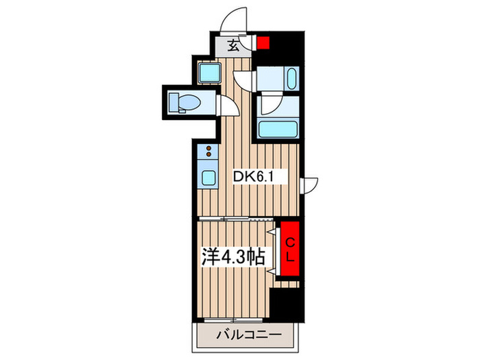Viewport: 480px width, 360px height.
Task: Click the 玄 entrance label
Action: [x=233, y=46]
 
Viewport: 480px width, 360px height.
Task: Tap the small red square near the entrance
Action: [x=263, y=43]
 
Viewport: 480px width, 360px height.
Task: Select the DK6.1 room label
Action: [x=253, y=177]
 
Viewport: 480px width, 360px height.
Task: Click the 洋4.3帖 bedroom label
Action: [x=233, y=256]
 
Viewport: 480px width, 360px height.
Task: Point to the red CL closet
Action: [x=290, y=248]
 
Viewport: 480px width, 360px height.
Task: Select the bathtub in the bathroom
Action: [x=278, y=130]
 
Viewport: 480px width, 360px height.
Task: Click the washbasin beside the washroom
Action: [x=292, y=78]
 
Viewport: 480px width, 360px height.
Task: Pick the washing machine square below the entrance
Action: [x=209, y=73]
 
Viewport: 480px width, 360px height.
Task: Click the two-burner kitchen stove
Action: [x=208, y=152]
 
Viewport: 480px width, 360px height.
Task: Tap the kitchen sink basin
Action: [x=208, y=178]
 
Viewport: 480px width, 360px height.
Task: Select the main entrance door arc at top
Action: [x=234, y=20]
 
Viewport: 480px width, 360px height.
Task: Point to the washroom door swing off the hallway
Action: [x=244, y=81]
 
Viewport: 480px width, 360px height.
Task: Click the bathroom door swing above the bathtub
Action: [x=269, y=105]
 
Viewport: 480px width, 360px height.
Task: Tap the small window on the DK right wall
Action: [x=309, y=186]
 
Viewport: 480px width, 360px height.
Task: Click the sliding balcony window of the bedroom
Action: [x=233, y=320]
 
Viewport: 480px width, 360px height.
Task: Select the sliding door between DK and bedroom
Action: [x=236, y=219]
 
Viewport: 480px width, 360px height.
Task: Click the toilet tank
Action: [x=174, y=102]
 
